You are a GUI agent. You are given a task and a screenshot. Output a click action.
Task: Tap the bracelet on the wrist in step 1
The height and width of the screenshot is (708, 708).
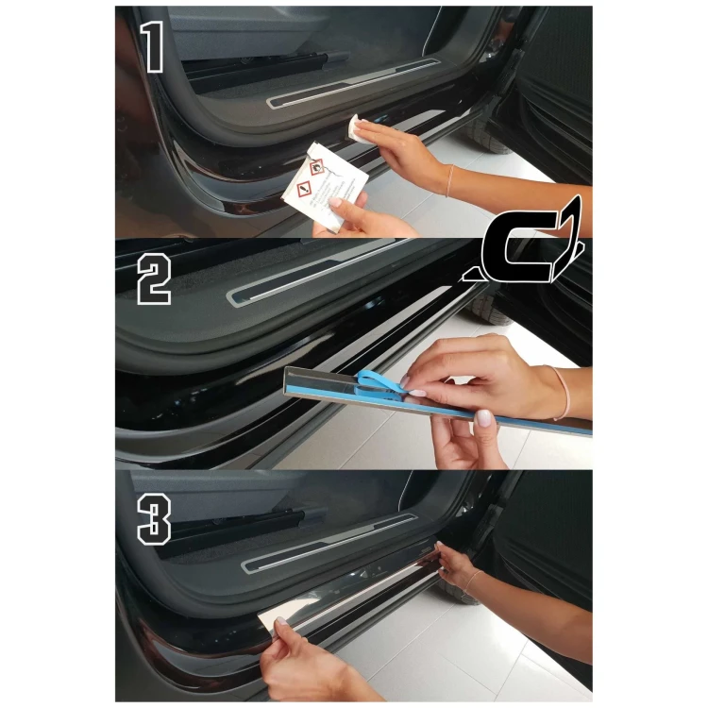click(x=449, y=180)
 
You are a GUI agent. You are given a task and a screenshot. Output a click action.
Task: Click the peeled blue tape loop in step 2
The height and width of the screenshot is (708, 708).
click(x=378, y=385)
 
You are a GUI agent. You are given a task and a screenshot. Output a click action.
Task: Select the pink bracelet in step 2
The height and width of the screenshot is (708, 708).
click(x=563, y=392)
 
